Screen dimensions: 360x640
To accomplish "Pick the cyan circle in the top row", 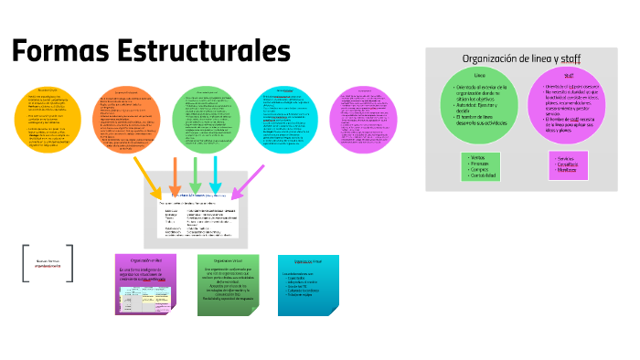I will coord(284,121).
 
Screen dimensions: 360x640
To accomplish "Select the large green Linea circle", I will coord(481,101).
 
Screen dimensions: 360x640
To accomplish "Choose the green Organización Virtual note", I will coord(229,284).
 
